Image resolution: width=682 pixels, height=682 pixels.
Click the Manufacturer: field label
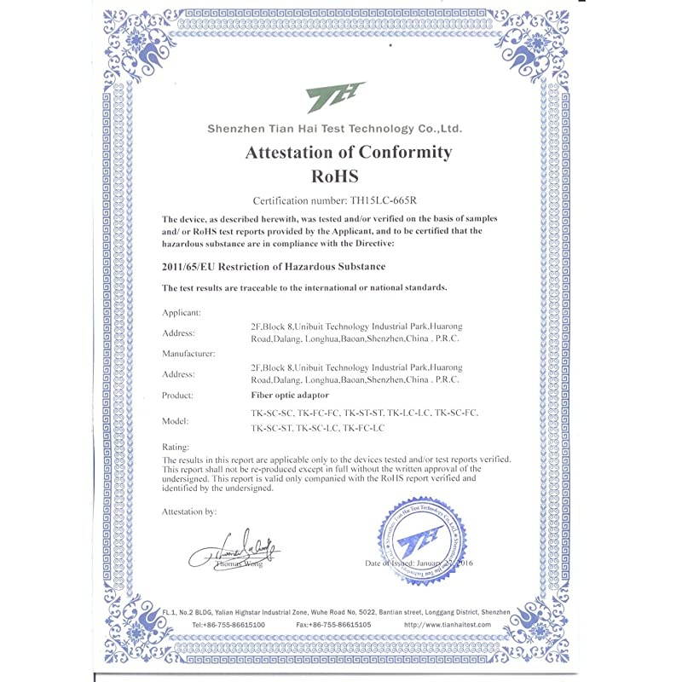(188, 352)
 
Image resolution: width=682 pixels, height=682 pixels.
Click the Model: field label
(176, 421)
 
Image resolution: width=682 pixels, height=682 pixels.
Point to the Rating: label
(176, 447)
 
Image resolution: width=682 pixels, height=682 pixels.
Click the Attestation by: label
(189, 511)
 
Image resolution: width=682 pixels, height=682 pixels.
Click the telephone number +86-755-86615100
(228, 625)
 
